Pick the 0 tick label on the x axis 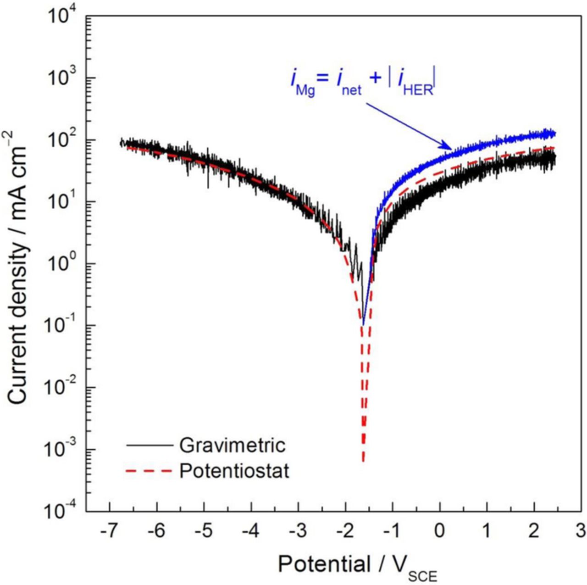pyautogui.click(x=440, y=531)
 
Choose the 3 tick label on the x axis pyautogui.click(x=581, y=531)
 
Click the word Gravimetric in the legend pyautogui.click(x=232, y=445)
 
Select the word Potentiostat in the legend pyautogui.click(x=234, y=471)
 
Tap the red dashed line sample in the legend pyautogui.click(x=149, y=471)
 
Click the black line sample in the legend pyautogui.click(x=149, y=446)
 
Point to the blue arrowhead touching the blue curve pyautogui.click(x=449, y=147)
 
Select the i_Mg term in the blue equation pyautogui.click(x=302, y=83)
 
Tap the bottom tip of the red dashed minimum pyautogui.click(x=363, y=461)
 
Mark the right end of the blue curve pyautogui.click(x=555, y=134)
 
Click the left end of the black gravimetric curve pyautogui.click(x=121, y=143)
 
